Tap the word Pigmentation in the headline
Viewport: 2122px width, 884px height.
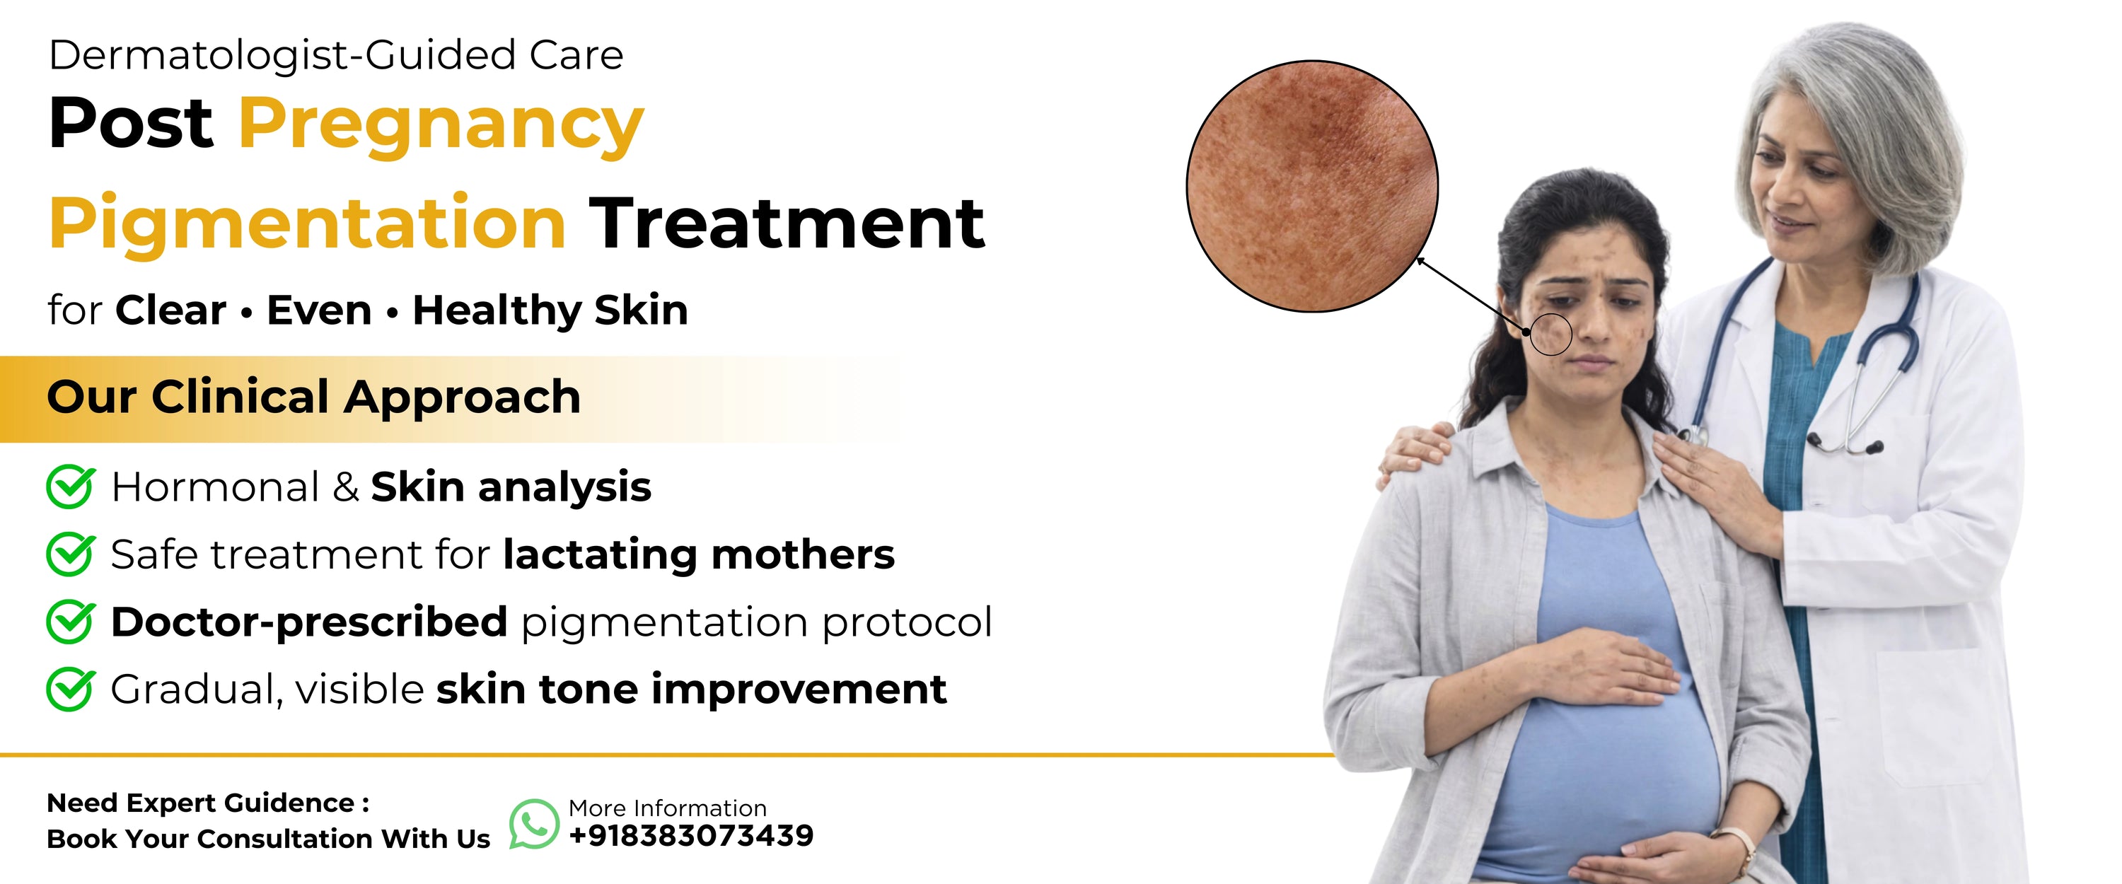(x=307, y=225)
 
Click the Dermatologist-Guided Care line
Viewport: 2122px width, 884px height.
(x=336, y=56)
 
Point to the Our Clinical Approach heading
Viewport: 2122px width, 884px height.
(x=314, y=397)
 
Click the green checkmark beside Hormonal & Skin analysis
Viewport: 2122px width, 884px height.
(x=71, y=486)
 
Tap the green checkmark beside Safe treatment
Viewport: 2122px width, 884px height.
(x=71, y=554)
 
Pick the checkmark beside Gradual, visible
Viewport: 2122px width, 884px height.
(x=71, y=689)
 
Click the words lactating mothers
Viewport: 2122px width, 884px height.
(x=699, y=554)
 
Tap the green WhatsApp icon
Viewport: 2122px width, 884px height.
(x=534, y=824)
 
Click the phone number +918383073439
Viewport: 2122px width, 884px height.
(x=691, y=835)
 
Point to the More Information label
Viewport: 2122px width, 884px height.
(x=667, y=808)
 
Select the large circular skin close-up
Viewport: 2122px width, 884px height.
(x=1312, y=186)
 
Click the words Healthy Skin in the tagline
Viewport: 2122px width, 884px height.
(x=550, y=310)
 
